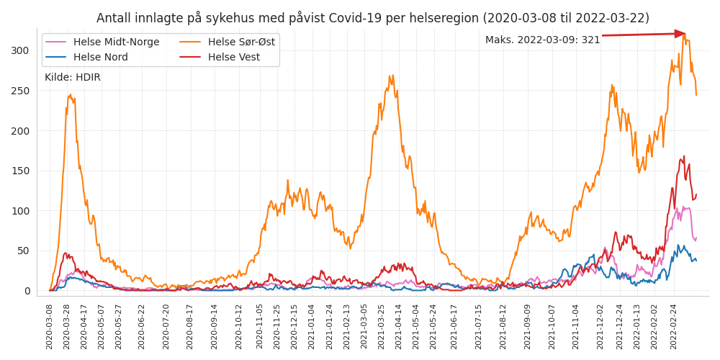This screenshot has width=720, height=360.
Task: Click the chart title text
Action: (372, 18)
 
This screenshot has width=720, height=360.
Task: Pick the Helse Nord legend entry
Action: (100, 58)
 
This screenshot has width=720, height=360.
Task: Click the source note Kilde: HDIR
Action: (73, 78)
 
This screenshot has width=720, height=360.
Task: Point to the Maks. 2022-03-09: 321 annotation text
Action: (542, 40)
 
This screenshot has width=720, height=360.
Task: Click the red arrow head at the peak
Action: (680, 34)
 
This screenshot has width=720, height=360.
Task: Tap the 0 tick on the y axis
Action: (27, 291)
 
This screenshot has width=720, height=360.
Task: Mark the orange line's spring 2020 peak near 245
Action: (71, 95)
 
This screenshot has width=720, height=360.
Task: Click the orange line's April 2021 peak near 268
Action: (391, 76)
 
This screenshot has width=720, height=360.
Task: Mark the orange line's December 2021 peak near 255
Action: (612, 86)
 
